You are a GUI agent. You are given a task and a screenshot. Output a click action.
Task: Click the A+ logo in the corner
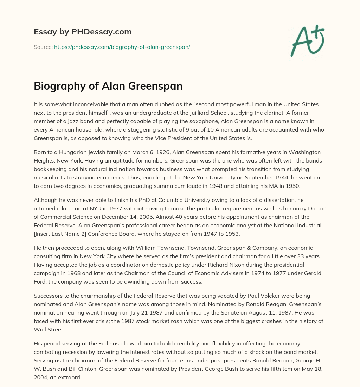(x=307, y=41)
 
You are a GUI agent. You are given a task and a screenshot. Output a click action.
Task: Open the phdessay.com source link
(x=122, y=47)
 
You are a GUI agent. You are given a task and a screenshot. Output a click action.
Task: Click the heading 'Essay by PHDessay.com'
(x=83, y=32)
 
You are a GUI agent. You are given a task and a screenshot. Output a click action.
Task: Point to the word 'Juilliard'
(x=198, y=113)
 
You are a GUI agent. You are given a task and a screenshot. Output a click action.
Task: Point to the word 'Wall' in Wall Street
(x=40, y=329)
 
